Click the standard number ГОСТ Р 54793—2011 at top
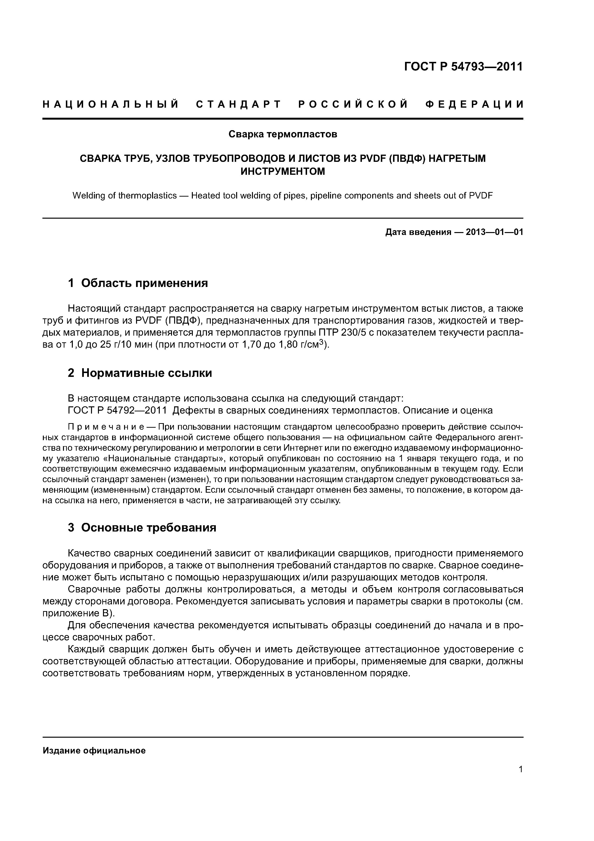tap(463, 67)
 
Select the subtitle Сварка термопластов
tap(283, 134)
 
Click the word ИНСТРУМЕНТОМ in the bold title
tap(283, 171)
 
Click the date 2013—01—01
tap(494, 232)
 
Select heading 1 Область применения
tap(138, 283)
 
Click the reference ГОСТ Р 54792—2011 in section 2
tap(117, 411)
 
